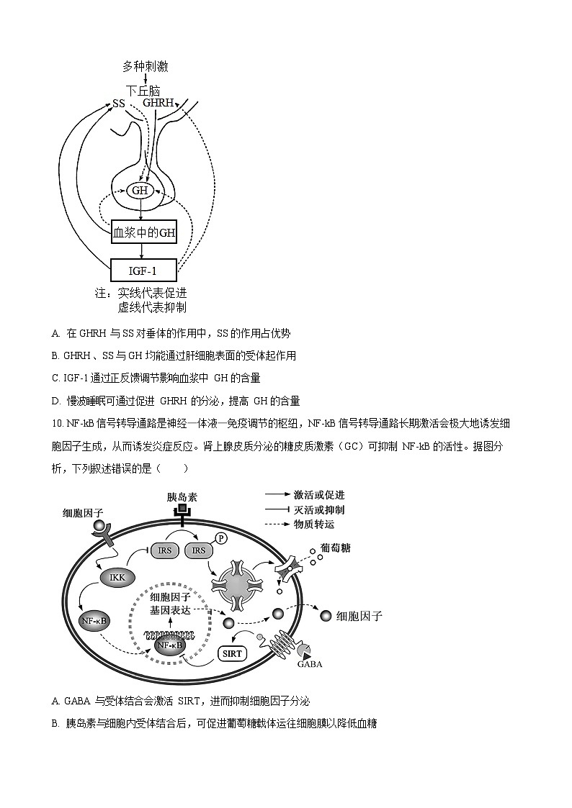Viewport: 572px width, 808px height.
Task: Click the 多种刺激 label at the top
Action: coord(146,67)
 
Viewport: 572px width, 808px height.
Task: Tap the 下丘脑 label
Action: coord(142,91)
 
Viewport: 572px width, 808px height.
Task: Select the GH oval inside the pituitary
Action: coord(140,191)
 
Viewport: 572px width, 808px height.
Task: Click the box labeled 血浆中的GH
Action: coord(144,232)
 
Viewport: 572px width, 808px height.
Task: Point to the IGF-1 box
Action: coord(143,271)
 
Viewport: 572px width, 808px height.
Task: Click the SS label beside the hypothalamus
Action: coord(118,104)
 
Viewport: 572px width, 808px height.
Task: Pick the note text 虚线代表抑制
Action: coord(152,307)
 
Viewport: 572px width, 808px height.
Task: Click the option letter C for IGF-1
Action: coord(55,378)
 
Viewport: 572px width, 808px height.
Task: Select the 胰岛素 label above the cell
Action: coord(182,496)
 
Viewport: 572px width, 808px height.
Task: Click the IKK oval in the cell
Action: coord(117,577)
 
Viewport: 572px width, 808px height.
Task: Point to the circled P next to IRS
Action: coord(221,538)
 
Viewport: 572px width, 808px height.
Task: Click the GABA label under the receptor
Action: coord(310,663)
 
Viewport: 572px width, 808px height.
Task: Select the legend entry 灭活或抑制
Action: coord(319,510)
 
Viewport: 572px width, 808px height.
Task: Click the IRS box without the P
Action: coord(162,550)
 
